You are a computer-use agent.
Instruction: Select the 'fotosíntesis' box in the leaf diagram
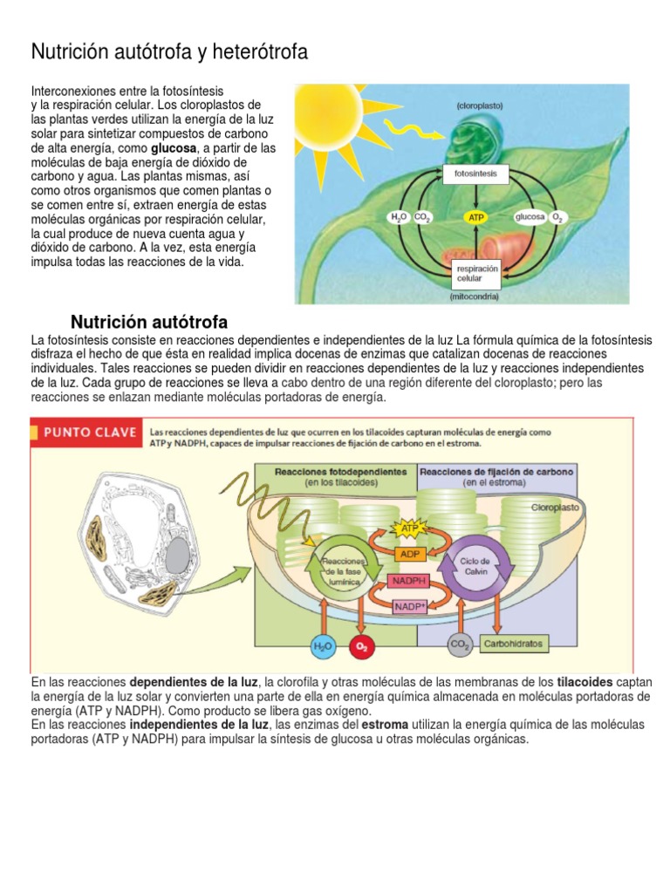coord(476,174)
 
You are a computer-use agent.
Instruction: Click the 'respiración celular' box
coord(476,275)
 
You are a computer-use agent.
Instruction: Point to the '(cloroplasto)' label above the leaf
coord(479,105)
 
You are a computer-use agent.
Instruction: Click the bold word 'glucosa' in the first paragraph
coord(174,149)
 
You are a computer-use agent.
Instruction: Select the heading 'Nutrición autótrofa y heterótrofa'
coord(169,52)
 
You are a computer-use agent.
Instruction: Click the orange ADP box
coord(409,554)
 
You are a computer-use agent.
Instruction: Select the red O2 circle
coord(360,646)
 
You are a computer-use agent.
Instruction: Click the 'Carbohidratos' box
coord(515,644)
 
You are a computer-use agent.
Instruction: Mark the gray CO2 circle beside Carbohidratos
coord(460,645)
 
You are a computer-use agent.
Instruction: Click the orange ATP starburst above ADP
coord(410,528)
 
